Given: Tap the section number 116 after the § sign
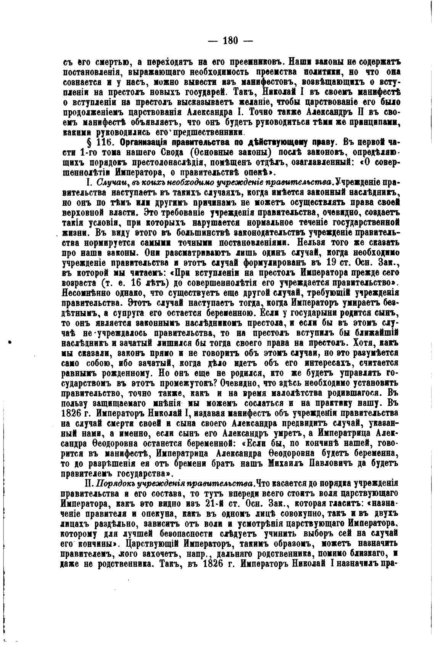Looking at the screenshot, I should coord(103,142).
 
